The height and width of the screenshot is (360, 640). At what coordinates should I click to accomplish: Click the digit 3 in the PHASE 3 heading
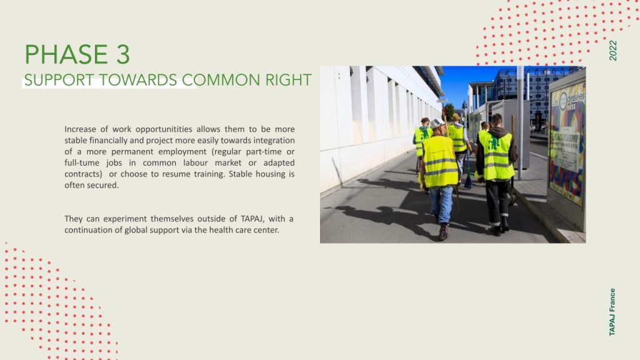123,54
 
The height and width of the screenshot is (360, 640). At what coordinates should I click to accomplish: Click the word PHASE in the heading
66,54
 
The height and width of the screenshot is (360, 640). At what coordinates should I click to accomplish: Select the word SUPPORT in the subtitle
59,80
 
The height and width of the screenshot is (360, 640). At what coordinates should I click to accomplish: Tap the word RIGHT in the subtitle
288,80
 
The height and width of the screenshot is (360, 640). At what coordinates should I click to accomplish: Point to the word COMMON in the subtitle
221,80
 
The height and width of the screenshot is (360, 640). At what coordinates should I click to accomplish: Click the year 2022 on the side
612,51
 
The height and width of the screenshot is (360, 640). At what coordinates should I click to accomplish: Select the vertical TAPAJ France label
612,312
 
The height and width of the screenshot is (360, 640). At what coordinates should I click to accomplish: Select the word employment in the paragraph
182,152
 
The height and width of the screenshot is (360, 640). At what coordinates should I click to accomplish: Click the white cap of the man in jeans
437,123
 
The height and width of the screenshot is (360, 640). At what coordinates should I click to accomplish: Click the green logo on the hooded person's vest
495,143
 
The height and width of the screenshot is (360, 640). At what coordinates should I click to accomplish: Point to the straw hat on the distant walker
456,117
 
